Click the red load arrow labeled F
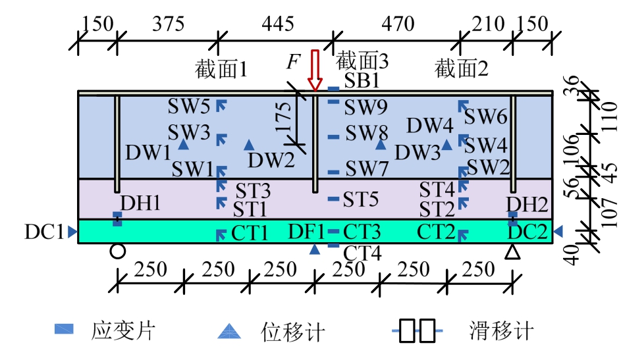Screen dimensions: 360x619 click(x=315, y=70)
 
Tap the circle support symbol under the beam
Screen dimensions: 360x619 click(x=117, y=251)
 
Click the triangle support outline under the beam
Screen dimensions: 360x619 click(x=512, y=251)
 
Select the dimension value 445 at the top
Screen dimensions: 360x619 click(x=276, y=24)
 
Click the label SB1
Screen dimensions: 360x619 click(x=362, y=82)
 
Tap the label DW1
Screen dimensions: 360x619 click(x=149, y=153)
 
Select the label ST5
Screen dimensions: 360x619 click(x=362, y=198)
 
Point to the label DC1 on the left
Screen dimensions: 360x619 click(x=44, y=232)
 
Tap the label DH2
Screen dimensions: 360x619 click(x=527, y=205)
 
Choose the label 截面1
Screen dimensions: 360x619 click(x=221, y=68)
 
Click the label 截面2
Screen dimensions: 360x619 click(x=462, y=68)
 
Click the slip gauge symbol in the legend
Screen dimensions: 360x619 click(x=417, y=330)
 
